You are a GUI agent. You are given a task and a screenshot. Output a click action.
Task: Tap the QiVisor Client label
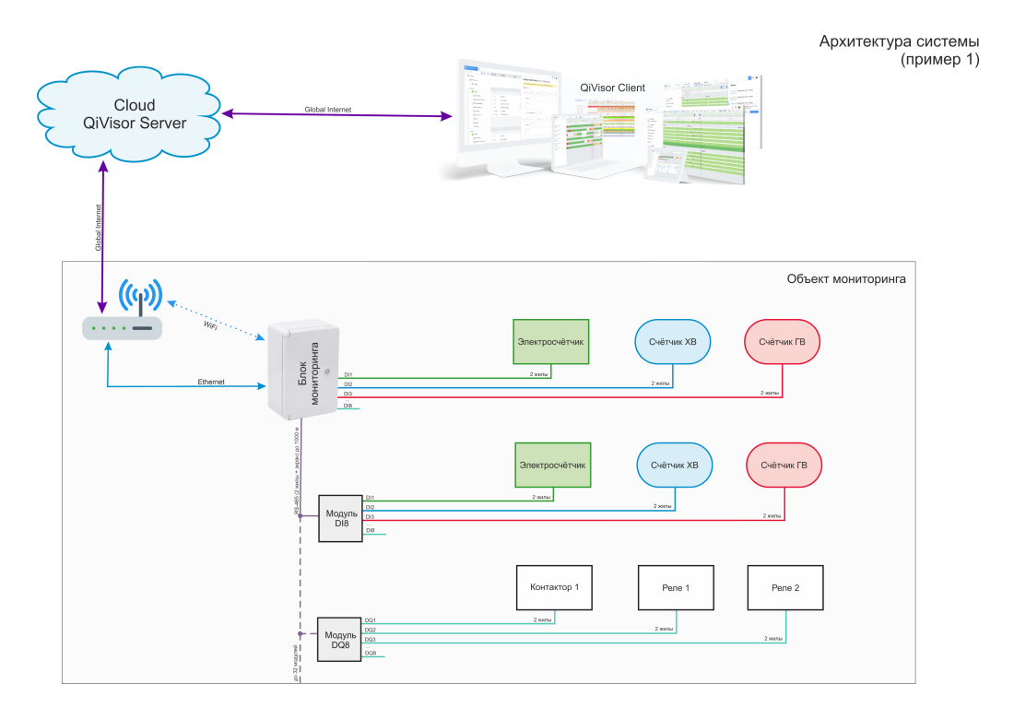click(612, 88)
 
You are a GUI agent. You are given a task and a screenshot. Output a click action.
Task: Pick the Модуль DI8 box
click(341, 517)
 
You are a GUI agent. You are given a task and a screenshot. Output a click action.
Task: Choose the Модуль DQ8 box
click(340, 639)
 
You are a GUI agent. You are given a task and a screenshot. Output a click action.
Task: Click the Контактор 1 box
click(554, 587)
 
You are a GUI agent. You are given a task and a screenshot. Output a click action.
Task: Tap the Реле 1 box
click(675, 587)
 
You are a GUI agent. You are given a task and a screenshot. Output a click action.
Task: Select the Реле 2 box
click(784, 587)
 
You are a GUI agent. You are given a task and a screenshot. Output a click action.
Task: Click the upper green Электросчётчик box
click(550, 341)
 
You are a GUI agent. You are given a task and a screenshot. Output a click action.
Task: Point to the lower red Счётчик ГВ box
click(783, 465)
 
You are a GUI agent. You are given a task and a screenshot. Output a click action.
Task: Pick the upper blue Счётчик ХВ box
click(672, 342)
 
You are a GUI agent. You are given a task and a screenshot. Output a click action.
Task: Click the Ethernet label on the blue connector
click(211, 382)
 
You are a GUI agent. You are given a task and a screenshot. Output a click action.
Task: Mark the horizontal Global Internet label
click(327, 110)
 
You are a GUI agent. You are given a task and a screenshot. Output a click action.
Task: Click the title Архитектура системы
click(899, 42)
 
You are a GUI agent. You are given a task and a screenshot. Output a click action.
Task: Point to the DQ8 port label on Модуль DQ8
click(370, 653)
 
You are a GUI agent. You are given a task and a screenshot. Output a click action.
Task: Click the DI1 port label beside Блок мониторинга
click(348, 375)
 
